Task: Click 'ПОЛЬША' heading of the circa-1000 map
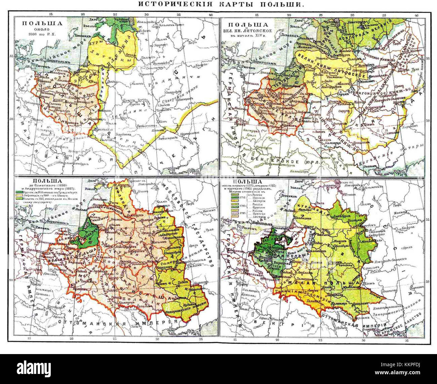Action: (43, 24)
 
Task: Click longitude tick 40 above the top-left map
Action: (210, 15)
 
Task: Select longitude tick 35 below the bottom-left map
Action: (201, 339)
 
